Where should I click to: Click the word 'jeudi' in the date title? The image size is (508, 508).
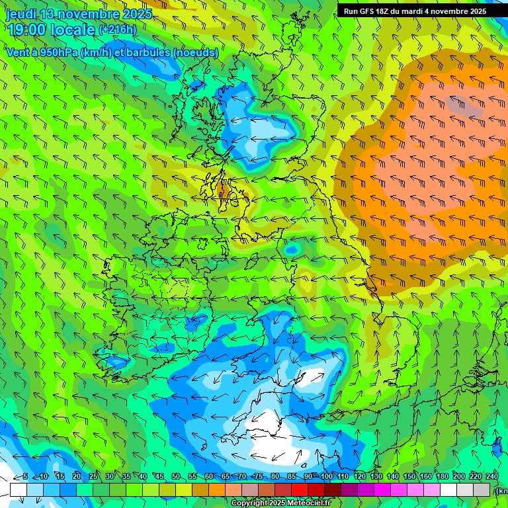pos(21,14)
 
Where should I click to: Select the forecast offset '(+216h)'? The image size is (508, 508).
pos(117,30)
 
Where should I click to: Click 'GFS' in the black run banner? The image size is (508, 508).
pos(371,11)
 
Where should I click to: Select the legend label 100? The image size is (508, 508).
pos(327,476)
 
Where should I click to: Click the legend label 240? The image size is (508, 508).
pos(492,476)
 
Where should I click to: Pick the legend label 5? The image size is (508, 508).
pos(25,476)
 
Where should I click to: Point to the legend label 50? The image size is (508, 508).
pos(176,476)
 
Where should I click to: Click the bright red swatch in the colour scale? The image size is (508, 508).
pos(300,489)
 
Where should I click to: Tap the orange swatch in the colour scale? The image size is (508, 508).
pos(217,489)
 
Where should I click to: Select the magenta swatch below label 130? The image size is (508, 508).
pos(382,489)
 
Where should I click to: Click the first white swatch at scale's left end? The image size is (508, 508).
pos(19,489)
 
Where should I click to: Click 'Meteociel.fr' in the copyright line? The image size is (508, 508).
pos(314,503)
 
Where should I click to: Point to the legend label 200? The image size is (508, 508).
pos(459,476)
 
